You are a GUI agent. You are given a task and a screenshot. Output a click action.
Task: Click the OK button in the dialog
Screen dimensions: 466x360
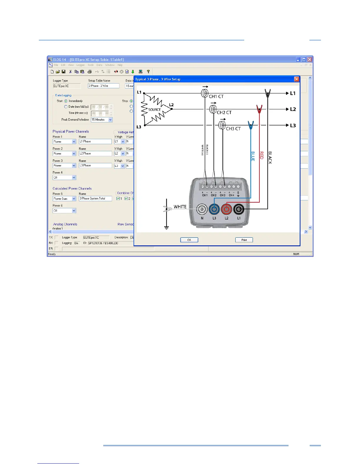point(189,240)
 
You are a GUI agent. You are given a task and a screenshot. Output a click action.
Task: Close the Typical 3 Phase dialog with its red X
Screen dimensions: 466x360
point(296,79)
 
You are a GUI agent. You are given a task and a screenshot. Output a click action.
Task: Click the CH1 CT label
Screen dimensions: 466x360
point(216,96)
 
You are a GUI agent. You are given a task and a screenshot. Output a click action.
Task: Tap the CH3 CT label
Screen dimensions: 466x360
point(233,129)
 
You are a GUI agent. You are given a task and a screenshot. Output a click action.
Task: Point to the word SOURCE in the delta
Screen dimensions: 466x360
point(154,110)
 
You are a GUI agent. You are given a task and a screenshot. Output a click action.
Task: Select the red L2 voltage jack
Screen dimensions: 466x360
point(226,209)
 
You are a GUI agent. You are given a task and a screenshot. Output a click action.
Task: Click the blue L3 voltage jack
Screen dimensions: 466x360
point(214,209)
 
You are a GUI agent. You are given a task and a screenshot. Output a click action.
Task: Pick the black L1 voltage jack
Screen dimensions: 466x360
point(239,209)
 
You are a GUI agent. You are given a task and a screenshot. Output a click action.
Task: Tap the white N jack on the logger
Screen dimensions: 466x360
point(202,209)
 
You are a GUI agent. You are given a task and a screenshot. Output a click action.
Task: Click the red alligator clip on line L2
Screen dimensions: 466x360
point(259,109)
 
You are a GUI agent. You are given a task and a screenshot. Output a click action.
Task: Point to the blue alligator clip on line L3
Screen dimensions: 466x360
point(251,125)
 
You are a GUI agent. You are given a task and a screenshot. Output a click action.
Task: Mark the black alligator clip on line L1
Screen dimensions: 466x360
point(268,93)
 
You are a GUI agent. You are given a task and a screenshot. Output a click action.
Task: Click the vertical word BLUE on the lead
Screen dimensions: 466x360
point(253,156)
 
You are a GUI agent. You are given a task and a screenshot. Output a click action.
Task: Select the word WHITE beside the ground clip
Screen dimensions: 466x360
point(180,207)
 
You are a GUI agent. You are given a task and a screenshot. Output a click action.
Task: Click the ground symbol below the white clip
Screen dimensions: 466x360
point(166,228)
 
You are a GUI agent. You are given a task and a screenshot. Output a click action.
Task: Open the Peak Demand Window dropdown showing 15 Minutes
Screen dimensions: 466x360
point(110,120)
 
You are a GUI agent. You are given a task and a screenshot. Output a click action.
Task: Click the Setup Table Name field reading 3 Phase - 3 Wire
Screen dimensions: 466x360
point(104,86)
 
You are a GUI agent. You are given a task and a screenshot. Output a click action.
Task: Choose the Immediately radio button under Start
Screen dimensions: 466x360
point(66,101)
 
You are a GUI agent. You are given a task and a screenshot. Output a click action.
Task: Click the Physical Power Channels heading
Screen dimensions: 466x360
point(71,132)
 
